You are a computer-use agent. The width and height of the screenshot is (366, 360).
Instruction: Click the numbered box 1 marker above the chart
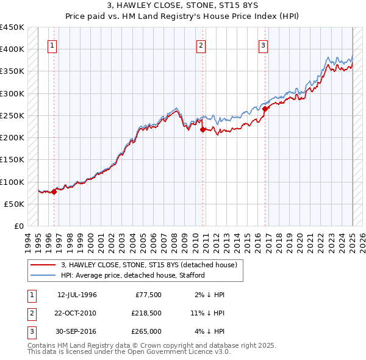[52, 45]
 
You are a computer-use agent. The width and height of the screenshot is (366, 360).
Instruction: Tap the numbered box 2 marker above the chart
[201, 45]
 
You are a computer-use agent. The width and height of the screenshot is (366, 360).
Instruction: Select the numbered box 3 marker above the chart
[263, 45]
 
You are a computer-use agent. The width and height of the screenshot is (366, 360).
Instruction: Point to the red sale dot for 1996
[54, 192]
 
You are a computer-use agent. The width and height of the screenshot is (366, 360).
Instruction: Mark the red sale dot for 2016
[265, 109]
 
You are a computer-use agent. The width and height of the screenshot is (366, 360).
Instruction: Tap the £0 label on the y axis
[19, 226]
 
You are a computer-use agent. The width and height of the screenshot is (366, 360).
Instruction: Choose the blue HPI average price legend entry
[132, 275]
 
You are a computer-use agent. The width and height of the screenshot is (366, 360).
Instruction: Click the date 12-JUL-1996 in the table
[77, 295]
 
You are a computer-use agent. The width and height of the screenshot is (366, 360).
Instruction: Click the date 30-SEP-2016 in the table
[77, 331]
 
